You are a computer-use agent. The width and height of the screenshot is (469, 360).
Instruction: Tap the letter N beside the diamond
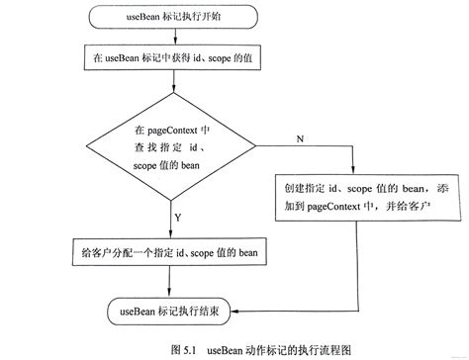click(298, 139)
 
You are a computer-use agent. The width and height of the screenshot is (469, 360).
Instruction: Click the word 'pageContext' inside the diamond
click(164, 130)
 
